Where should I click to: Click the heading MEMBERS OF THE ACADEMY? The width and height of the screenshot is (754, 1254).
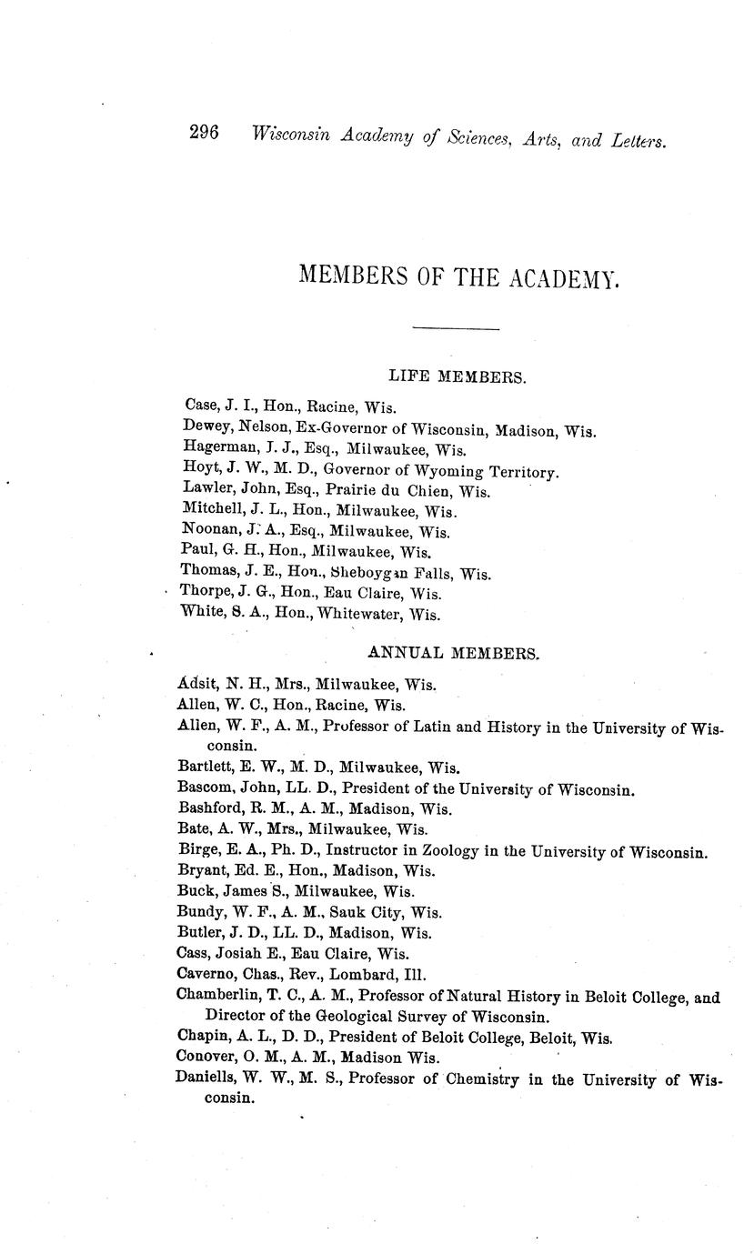click(x=458, y=276)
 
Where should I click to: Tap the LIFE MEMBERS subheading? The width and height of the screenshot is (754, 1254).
click(x=457, y=376)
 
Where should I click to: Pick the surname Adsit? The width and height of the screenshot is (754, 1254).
click(x=197, y=685)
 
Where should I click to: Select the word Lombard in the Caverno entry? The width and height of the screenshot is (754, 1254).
click(x=365, y=974)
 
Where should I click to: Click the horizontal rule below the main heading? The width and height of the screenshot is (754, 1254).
click(x=456, y=328)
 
